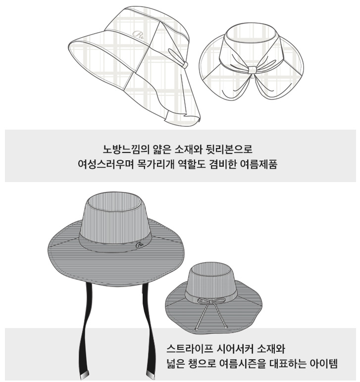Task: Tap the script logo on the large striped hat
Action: [140, 245]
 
